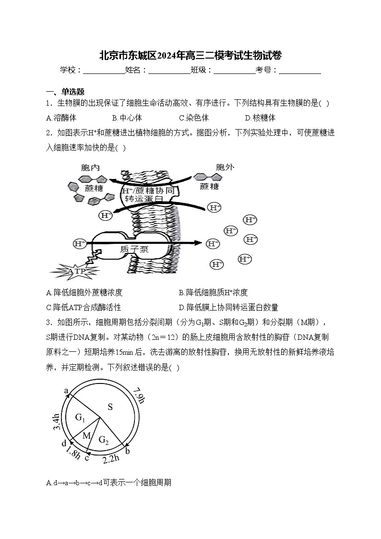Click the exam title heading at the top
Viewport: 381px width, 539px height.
click(x=190, y=55)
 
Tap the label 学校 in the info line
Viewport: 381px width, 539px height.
click(x=69, y=70)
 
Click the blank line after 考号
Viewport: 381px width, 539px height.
click(x=299, y=70)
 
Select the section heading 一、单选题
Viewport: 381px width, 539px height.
click(x=65, y=92)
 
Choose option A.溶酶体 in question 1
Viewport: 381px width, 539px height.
click(x=61, y=118)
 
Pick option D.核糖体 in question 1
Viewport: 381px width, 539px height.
click(x=260, y=118)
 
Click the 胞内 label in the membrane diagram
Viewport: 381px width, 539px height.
click(x=90, y=168)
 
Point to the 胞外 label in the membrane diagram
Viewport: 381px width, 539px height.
click(x=225, y=167)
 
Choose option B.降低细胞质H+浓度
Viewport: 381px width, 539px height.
click(x=213, y=292)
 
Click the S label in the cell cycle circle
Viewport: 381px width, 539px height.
click(x=110, y=407)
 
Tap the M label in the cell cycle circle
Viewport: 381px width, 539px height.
click(x=86, y=435)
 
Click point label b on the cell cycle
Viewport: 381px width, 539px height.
click(x=127, y=451)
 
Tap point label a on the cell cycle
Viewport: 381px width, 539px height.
click(x=66, y=391)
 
